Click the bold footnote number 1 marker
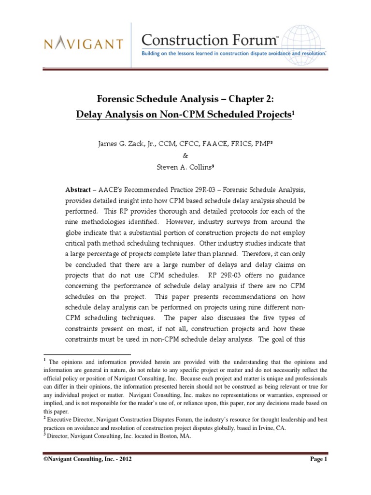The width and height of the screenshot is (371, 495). pyautogui.click(x=44, y=360)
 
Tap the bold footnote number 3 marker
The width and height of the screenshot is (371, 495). pyautogui.click(x=44, y=435)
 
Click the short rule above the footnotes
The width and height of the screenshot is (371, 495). pyautogui.click(x=87, y=354)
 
